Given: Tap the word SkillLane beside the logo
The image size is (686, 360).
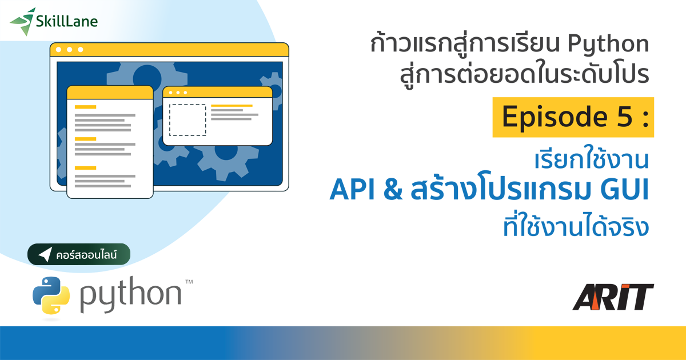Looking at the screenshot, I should click(x=66, y=22).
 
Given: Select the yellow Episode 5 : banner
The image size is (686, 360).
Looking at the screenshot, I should click(x=573, y=117).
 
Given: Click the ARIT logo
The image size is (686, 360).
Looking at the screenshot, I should click(x=613, y=297).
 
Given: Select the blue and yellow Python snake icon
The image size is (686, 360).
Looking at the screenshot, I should click(x=51, y=295).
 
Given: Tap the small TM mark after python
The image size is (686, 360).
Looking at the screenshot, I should click(x=189, y=282).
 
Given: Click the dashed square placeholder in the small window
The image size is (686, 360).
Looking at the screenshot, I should click(x=188, y=120).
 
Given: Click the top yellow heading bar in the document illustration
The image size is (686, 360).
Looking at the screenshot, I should click(x=85, y=107).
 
